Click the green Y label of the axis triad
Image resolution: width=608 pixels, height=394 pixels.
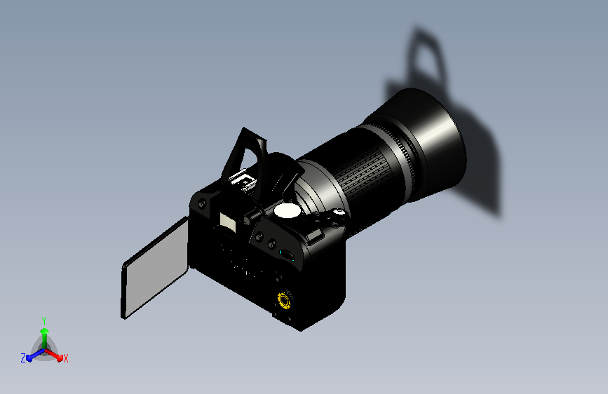tap(44, 321)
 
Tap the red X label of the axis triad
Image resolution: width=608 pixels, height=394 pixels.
tap(65, 359)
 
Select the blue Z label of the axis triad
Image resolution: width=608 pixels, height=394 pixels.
tap(23, 358)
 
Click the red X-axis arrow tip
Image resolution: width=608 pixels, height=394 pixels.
tap(60, 358)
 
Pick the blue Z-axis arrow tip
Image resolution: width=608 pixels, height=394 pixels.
tap(29, 358)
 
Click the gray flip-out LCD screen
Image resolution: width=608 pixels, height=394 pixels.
tap(155, 268)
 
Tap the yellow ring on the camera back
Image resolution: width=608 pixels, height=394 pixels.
tap(284, 301)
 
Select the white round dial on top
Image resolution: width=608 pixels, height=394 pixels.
tap(287, 210)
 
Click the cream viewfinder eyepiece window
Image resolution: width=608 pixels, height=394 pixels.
tap(227, 222)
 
